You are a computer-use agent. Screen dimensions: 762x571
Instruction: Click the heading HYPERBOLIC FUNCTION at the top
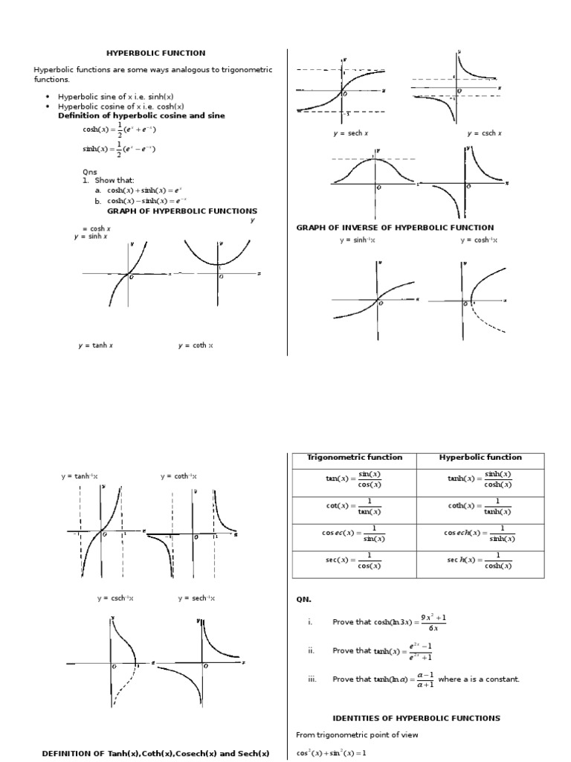click(x=155, y=53)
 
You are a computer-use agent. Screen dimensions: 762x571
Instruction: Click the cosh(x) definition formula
click(x=119, y=130)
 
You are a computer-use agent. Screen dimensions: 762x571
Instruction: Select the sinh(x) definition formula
click(x=119, y=149)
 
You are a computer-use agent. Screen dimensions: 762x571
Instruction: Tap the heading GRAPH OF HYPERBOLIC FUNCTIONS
click(x=182, y=211)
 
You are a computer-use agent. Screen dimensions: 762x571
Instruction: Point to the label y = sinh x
click(x=91, y=237)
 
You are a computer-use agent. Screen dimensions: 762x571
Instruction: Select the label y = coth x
click(x=196, y=345)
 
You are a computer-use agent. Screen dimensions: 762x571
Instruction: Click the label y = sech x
click(x=351, y=133)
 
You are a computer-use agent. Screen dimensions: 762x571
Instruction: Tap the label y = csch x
click(x=484, y=133)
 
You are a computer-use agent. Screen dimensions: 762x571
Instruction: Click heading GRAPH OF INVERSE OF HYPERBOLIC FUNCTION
click(x=395, y=228)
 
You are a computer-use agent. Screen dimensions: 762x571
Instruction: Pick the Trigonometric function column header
click(x=355, y=458)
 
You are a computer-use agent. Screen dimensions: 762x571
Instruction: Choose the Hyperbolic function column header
click(x=480, y=458)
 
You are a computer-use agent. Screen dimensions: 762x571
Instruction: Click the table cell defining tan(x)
click(x=355, y=479)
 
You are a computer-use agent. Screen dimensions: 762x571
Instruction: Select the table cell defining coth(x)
click(x=480, y=506)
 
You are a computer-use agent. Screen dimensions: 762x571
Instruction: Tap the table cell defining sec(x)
click(x=355, y=560)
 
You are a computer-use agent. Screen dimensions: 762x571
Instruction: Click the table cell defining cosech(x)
click(x=480, y=534)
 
